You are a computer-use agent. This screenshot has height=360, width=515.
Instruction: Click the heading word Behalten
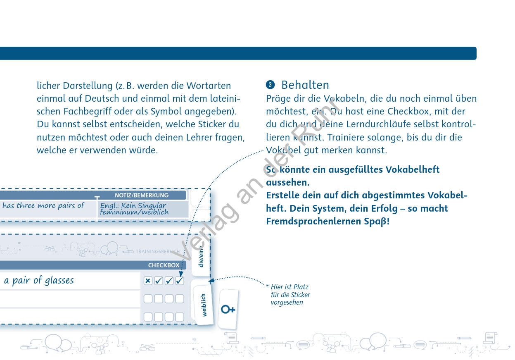coord(305,85)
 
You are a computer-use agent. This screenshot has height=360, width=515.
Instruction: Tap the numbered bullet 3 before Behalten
coord(270,85)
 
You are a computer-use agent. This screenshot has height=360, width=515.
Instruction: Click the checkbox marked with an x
coord(148,281)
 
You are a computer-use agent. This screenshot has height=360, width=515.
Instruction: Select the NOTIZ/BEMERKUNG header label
coord(141,195)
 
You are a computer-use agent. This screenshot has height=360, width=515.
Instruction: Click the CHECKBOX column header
coord(164,265)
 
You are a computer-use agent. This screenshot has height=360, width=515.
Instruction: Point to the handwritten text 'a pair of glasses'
coord(39,281)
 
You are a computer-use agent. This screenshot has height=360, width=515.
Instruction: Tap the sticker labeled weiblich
coord(204,305)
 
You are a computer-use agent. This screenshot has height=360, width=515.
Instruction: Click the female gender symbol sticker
coord(228,309)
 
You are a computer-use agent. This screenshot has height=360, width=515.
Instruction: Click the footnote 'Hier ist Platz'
coord(290,287)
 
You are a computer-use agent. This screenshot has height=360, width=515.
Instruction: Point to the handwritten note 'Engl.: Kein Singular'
coord(133,205)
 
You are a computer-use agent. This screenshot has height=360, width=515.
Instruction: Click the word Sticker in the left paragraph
coord(212,124)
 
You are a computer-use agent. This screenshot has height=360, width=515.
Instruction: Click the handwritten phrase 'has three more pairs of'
coord(43,205)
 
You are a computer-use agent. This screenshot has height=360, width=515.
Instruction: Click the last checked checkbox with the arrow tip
coord(180,281)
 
